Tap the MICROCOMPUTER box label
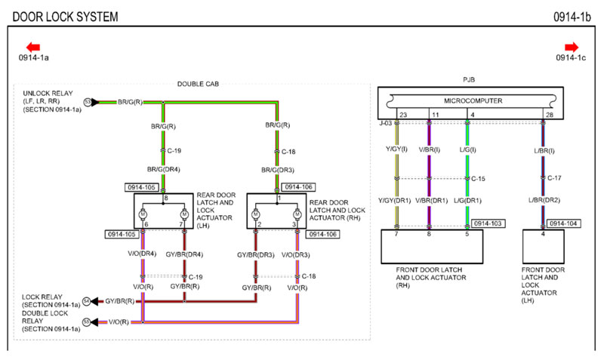468,100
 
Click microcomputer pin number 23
402,115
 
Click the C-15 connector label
479,179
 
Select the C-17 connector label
554,179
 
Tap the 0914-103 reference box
488,224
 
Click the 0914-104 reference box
563,224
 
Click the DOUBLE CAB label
197,84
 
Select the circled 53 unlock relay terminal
88,101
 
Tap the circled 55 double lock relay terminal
87,322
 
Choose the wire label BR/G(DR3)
277,170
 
